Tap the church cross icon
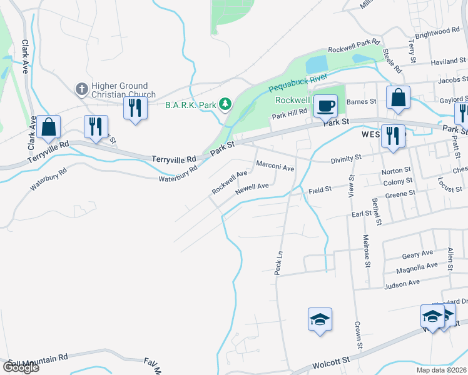click(81, 89)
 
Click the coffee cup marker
click(325, 105)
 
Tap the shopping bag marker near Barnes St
click(398, 97)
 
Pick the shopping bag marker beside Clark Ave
click(48, 127)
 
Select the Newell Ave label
click(252, 187)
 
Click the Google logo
click(21, 367)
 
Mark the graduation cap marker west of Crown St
click(320, 319)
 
